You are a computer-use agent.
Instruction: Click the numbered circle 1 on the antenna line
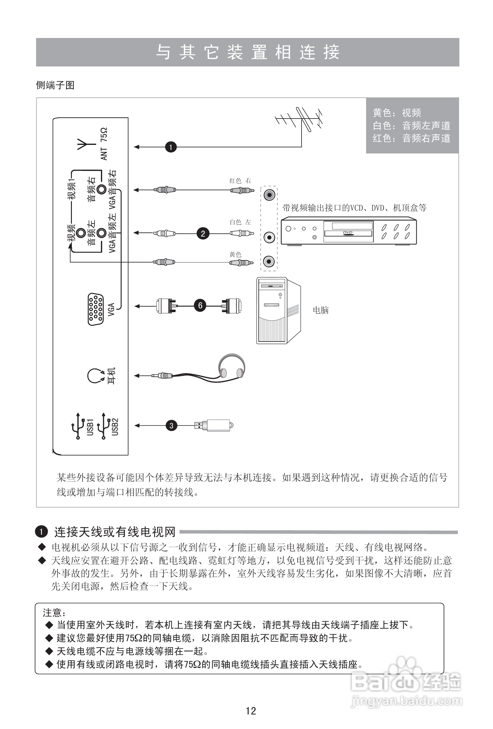click(x=171, y=147)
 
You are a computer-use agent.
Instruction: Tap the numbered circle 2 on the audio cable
click(x=203, y=233)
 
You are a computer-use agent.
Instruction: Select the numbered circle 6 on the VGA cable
click(x=200, y=305)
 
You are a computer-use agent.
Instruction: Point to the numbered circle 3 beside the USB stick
click(x=171, y=426)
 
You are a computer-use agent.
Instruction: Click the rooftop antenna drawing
click(x=299, y=121)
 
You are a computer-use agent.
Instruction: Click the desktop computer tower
click(x=277, y=310)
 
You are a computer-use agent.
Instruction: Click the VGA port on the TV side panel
click(x=96, y=309)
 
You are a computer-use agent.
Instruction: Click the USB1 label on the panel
click(x=90, y=427)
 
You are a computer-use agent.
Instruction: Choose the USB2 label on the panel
click(x=115, y=427)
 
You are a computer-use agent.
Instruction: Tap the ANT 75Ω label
click(x=104, y=144)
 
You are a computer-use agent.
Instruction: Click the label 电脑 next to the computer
click(x=321, y=310)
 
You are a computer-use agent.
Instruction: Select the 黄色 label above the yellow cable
click(x=235, y=255)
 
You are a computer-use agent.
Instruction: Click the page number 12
click(x=250, y=711)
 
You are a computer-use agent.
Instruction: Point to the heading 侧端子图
click(x=55, y=85)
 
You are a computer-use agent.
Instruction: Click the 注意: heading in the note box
click(x=54, y=613)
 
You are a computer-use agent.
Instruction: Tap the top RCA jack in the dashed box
click(x=269, y=195)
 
